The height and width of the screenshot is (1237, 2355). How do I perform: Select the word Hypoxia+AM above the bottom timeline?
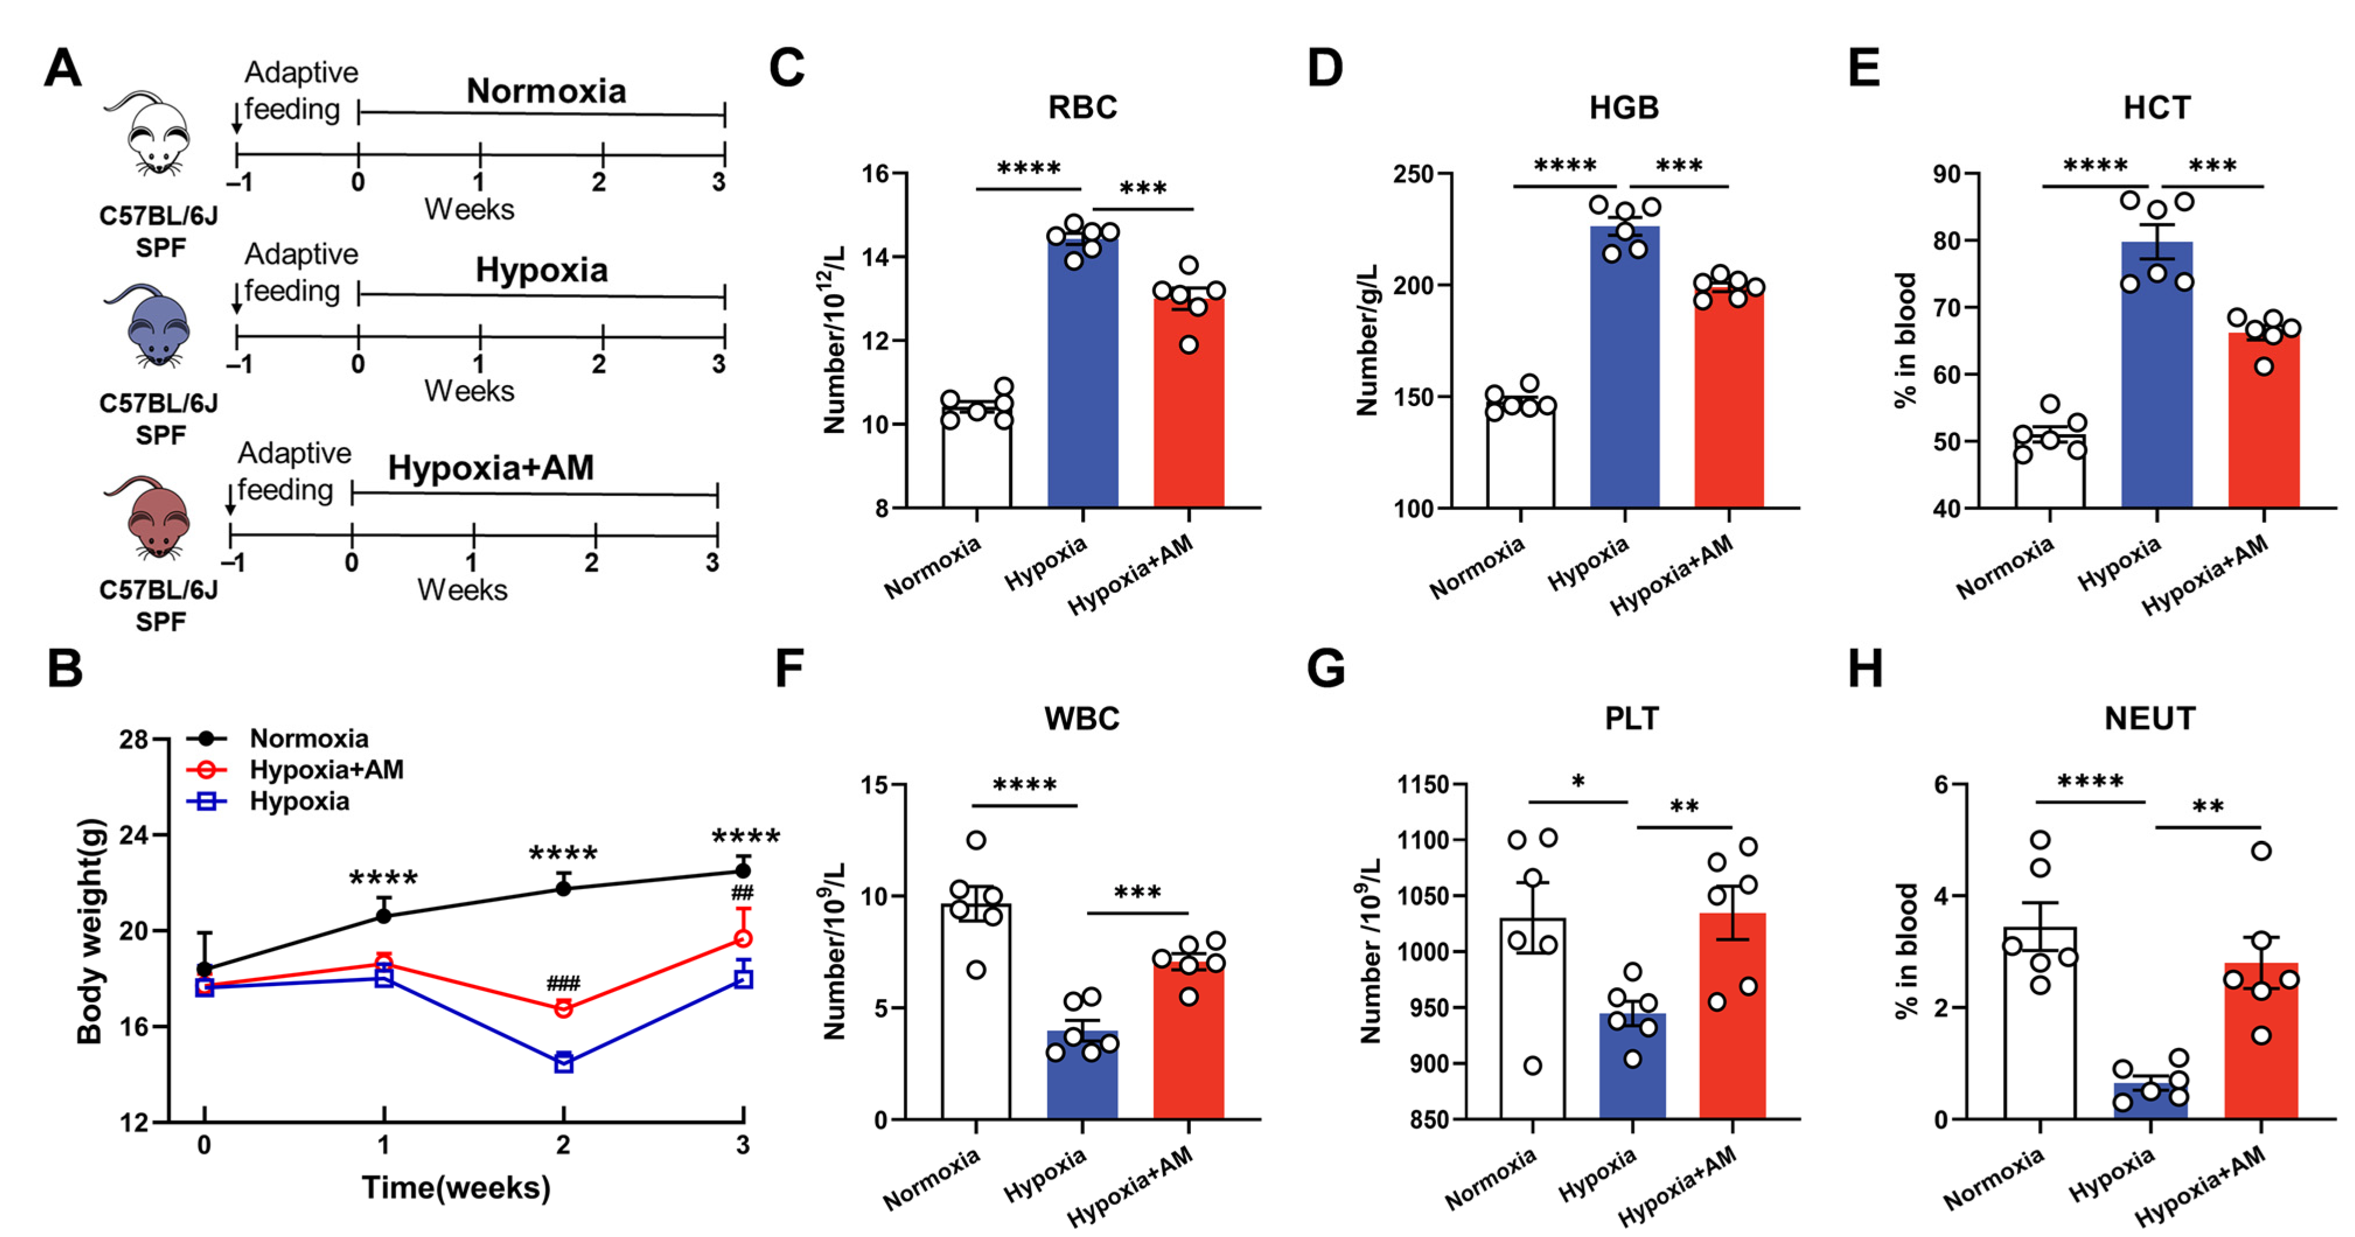coord(491,468)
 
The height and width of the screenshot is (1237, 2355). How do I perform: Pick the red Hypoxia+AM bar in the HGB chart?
coord(1729,402)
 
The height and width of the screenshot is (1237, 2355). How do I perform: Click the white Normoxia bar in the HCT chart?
coord(2050,476)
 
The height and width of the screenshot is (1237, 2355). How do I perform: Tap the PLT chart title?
coord(1632,719)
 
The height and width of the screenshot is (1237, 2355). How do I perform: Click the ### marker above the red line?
coord(563,984)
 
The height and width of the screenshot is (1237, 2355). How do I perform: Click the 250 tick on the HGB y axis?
coord(1413,174)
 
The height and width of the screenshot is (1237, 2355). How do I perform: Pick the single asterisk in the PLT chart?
coord(1578,782)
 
